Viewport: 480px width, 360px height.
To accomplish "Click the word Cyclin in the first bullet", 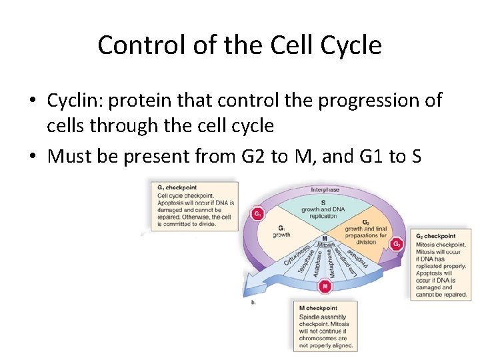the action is pyautogui.click(x=73, y=100).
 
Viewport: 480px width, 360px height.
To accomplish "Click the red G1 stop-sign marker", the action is pyautogui.click(x=257, y=214).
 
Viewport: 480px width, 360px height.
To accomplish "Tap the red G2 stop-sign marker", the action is pyautogui.click(x=397, y=244).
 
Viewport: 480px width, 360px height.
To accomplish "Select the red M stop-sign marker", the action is pyautogui.click(x=325, y=287).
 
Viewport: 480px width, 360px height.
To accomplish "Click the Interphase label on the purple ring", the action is pyautogui.click(x=325, y=190).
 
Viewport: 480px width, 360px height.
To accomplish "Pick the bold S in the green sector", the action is pyautogui.click(x=323, y=202).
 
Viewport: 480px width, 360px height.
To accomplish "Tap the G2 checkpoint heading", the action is pyautogui.click(x=436, y=236).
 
